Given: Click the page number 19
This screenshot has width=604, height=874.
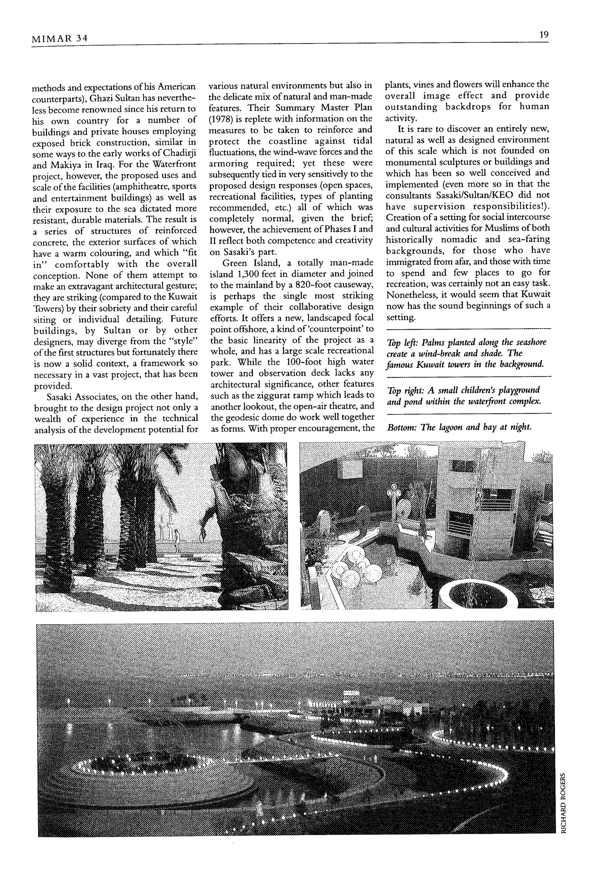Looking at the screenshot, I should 544,35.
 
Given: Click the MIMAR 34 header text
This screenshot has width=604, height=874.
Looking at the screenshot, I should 60,39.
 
